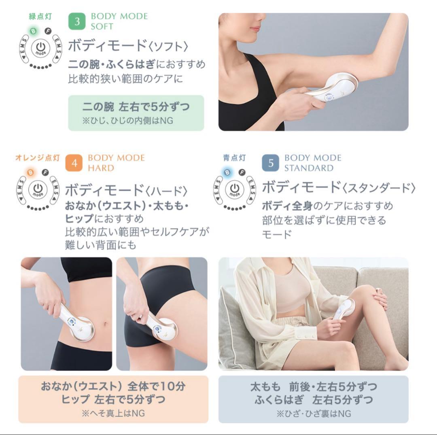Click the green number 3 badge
click(x=77, y=21)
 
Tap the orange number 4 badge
click(x=74, y=163)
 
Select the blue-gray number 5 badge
click(x=271, y=163)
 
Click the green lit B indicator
click(x=34, y=30)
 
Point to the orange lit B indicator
click(x=30, y=172)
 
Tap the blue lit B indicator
click(x=227, y=172)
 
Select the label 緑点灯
click(x=40, y=17)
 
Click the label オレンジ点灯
click(x=37, y=158)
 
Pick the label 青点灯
click(x=234, y=158)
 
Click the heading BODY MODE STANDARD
click(x=312, y=163)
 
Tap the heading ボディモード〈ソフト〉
click(x=128, y=45)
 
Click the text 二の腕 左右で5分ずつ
click(x=136, y=107)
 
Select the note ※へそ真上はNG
click(x=113, y=413)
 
